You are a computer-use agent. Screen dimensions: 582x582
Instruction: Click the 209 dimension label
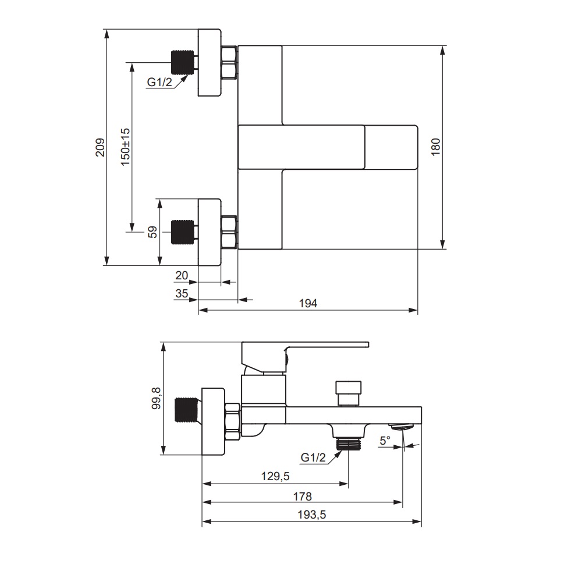[101, 147]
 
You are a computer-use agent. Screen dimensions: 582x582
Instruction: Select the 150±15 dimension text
[126, 147]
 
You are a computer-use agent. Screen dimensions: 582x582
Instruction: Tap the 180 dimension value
[436, 147]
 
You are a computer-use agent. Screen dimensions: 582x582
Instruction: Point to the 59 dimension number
[152, 232]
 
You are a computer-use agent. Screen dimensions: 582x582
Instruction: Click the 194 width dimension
[308, 303]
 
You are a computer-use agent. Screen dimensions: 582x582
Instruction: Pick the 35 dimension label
[182, 293]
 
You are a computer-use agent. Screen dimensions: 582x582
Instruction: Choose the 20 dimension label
[182, 275]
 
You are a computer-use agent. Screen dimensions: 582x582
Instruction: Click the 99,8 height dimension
[156, 398]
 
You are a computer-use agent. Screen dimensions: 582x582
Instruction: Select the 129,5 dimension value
[275, 476]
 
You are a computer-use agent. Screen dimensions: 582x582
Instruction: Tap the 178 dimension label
[302, 496]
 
